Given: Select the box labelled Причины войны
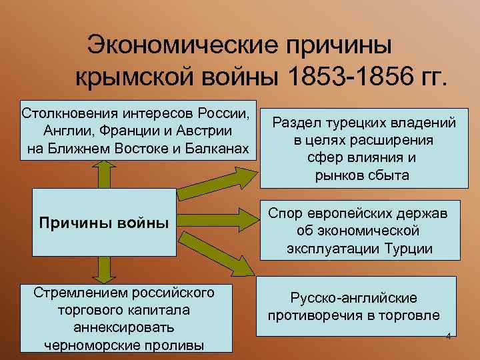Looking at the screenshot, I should pos(104,221).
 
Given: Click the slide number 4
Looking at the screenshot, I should pos(449,335).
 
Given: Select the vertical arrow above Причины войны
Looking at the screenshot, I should pos(104,181).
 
